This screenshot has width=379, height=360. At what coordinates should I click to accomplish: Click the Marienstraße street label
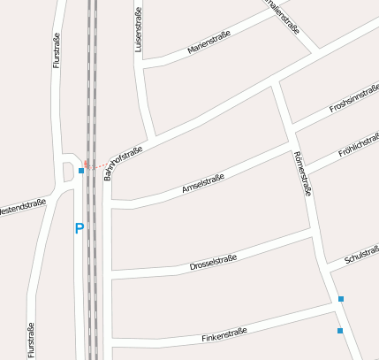coord(208,43)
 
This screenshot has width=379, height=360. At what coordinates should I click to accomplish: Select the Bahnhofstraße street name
coord(123,163)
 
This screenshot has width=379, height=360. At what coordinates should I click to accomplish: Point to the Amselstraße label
coord(202,183)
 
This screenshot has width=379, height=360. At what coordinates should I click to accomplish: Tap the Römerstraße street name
coord(302,173)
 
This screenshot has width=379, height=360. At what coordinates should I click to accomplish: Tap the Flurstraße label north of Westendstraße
coord(57,51)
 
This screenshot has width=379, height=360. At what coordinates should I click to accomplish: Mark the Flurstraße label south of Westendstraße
coord(31,341)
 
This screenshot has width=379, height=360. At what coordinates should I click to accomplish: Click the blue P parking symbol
coord(79,228)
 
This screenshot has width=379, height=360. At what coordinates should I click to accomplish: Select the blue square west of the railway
coord(80,170)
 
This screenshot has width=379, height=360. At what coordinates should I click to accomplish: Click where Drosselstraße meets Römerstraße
coord(313,232)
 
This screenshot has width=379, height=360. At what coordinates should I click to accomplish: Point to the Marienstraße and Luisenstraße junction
coord(144,64)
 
